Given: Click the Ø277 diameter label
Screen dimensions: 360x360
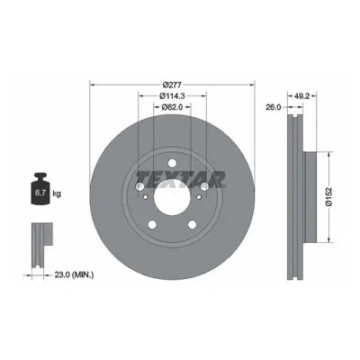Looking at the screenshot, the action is (x=172, y=85).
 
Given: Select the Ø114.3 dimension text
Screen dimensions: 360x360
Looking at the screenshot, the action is (x=172, y=96).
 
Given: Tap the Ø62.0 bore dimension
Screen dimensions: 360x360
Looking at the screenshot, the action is (x=172, y=107).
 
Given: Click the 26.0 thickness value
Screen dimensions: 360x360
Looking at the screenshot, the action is (x=274, y=107).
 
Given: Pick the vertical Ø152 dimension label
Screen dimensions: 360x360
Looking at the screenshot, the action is (x=329, y=196).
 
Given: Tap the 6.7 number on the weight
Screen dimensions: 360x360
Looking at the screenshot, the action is (x=40, y=193).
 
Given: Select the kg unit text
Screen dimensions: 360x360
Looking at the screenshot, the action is (x=57, y=193).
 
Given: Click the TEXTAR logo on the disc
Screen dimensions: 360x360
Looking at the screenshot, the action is (x=181, y=179).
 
